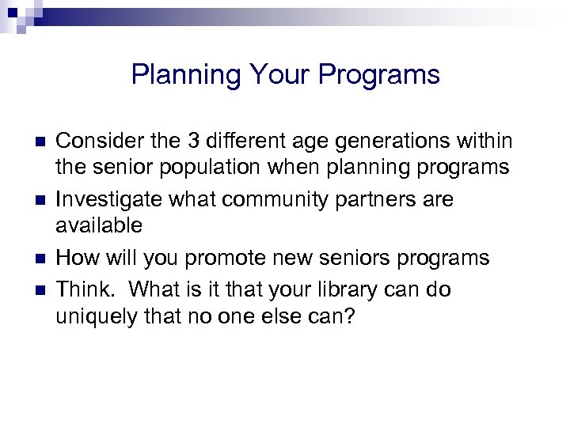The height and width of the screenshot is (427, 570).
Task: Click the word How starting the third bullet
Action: tap(76, 258)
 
